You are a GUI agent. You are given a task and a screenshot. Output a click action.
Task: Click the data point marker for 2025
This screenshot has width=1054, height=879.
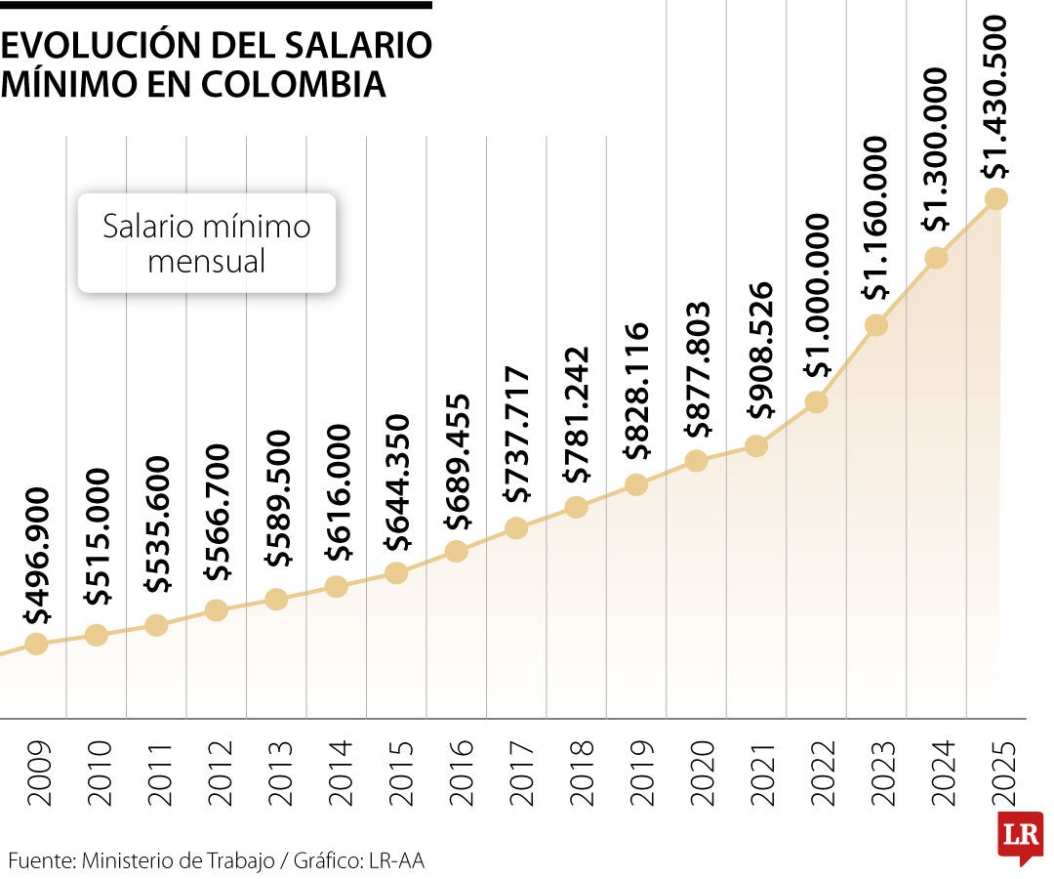pos(995,198)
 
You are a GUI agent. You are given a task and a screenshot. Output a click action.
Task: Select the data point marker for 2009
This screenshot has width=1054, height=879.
pos(36,644)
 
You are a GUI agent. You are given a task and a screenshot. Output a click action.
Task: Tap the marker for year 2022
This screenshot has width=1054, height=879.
pos(816,401)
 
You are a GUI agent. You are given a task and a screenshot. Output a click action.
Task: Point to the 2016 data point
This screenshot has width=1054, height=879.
pos(456,551)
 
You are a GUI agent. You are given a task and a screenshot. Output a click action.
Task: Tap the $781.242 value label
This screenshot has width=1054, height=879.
pos(577,415)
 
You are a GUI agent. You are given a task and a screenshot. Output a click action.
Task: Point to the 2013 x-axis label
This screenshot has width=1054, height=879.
pos(277,773)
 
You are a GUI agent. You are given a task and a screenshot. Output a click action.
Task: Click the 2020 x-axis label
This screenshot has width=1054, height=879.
pos(697,773)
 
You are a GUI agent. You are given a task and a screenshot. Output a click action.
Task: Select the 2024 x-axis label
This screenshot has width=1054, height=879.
pos(937,773)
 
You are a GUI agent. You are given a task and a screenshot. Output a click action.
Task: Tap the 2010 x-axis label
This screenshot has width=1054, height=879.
pos(97,773)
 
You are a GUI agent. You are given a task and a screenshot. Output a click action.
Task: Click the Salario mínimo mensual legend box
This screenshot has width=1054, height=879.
pos(207,243)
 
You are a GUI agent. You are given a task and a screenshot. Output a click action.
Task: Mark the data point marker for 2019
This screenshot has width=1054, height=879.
pos(636,484)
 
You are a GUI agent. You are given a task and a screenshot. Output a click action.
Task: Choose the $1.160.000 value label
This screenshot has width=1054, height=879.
pos(875,218)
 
